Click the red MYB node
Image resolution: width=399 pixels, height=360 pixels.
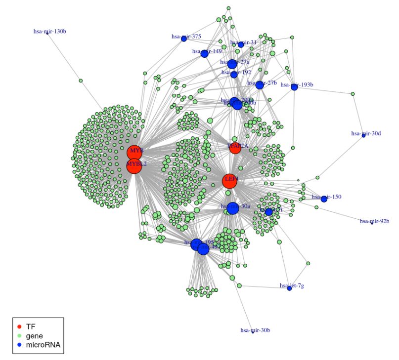tap(134, 153)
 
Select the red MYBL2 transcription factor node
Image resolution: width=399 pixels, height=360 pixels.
tap(134, 166)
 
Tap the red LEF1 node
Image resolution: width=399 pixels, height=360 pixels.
tap(229, 181)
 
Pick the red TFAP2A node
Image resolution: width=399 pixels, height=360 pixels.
tap(235, 148)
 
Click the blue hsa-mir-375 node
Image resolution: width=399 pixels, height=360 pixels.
tap(184, 39)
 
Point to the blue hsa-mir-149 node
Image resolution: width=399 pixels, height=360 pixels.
tap(204, 53)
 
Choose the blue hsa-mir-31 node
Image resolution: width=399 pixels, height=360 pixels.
tap(241, 44)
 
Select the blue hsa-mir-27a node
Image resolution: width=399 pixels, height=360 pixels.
tap(232, 64)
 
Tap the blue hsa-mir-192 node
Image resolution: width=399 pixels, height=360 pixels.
tap(234, 75)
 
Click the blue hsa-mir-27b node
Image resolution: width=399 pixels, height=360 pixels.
tap(260, 85)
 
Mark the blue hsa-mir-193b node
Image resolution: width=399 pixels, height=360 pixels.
tap(294, 87)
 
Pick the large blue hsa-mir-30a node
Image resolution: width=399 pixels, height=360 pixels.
tap(232, 208)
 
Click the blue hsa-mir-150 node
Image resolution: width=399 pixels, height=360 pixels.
tap(324, 199)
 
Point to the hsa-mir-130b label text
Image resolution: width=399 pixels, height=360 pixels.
tap(50, 32)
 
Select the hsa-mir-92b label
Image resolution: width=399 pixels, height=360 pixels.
tap(374, 221)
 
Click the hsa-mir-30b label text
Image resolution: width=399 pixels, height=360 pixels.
tap(255, 330)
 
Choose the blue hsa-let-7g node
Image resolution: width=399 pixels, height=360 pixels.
tap(290, 288)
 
